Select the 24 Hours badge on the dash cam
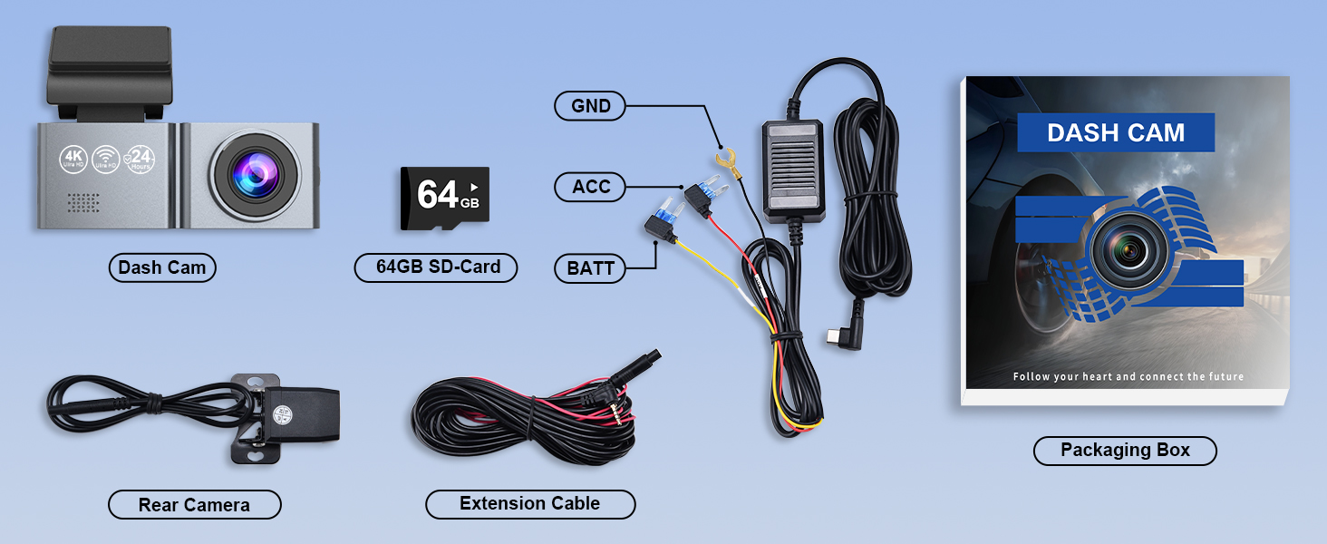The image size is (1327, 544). click(140, 160)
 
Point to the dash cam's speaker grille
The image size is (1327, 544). click(83, 203)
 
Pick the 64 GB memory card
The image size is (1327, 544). click(444, 195)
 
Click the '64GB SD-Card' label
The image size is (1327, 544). click(435, 267)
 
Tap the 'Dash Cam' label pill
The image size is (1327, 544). click(162, 267)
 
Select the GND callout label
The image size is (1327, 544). click(590, 106)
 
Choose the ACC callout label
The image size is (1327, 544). click(590, 188)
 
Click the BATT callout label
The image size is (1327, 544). click(590, 268)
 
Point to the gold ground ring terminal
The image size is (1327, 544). click(723, 161)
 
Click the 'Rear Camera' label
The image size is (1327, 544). click(194, 505)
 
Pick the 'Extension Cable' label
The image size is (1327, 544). click(529, 504)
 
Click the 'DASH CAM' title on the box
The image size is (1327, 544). click(1115, 132)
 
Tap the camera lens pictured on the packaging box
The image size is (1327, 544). click(1130, 248)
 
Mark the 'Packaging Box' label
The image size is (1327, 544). click(1124, 451)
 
